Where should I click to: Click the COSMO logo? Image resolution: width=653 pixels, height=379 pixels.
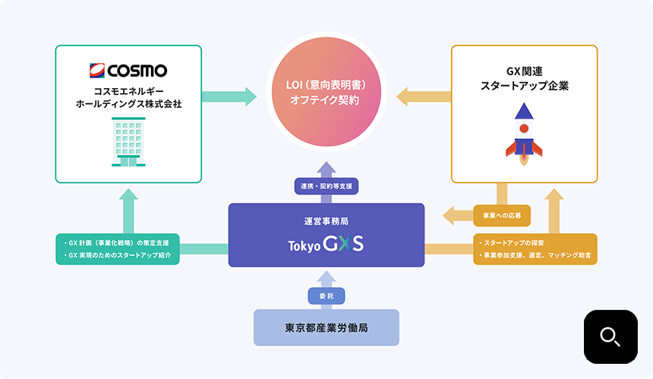coord(128,72)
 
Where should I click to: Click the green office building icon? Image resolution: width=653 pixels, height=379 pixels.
coord(128,143)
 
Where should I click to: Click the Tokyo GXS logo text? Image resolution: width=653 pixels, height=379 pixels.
coord(326,245)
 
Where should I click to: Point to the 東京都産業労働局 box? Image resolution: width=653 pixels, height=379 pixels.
coord(326,328)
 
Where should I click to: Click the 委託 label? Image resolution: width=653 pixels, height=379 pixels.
coord(326,296)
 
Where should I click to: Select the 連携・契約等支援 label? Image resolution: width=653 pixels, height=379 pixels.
coord(326,185)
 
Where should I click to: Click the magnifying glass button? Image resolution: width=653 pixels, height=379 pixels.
coord(610,336)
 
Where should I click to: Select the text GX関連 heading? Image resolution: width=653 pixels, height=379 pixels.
coord(524,71)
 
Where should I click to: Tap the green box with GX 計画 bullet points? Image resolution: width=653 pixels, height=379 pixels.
coord(118,249)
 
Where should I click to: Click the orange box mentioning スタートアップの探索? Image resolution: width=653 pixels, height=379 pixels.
coord(535,249)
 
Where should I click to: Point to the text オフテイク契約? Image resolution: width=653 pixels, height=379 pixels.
coord(326,99)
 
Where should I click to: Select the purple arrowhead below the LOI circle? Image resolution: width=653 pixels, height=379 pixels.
coord(326,169)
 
